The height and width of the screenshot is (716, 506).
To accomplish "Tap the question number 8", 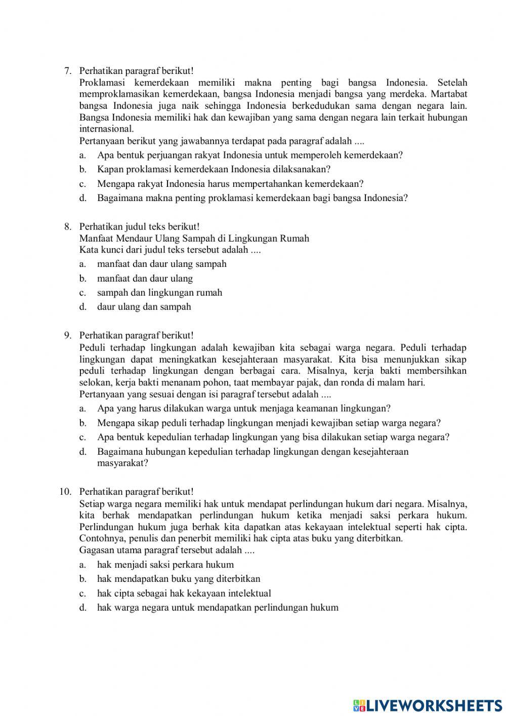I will [67, 227].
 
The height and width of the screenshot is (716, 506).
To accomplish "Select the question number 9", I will [67, 336].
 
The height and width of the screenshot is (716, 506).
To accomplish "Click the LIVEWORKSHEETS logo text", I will [434, 705].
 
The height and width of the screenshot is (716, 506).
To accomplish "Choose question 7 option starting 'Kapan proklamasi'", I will [214, 170].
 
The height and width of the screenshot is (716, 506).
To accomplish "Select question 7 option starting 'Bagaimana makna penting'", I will [252, 198].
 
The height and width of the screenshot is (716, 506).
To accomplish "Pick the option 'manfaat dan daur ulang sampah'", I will [161, 264].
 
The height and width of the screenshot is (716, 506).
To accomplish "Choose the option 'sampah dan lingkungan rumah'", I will [159, 293].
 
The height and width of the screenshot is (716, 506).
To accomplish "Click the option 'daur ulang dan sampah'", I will [144, 307].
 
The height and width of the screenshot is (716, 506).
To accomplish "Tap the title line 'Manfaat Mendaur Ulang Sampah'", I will [194, 238].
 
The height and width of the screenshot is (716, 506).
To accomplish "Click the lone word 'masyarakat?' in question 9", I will [122, 463].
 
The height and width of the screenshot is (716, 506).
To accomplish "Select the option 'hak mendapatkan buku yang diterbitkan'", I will [179, 579].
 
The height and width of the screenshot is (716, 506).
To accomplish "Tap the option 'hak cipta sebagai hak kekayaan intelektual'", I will [184, 593].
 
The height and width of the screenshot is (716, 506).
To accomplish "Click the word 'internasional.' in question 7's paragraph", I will [106, 129].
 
